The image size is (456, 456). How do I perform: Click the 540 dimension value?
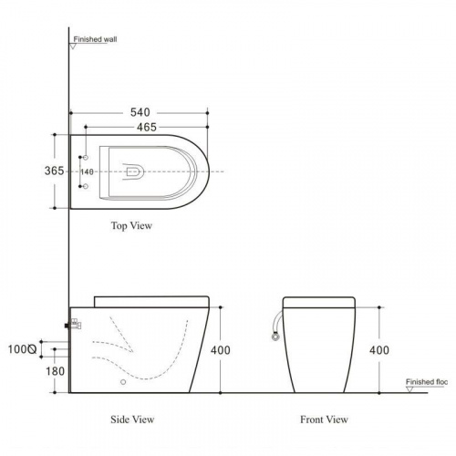coord(140,112)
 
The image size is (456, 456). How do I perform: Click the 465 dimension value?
coord(147,127)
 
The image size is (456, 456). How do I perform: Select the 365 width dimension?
coord(54,171)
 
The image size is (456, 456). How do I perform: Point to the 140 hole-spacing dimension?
coord(88,171)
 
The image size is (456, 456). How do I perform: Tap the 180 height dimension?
coord(55,371)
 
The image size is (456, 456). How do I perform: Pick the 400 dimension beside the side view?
coord(221,350)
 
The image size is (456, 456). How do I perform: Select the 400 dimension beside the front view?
coord(379,350)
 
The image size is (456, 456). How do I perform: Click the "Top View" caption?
coord(131,225)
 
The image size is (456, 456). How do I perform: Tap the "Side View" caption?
coord(132,420)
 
